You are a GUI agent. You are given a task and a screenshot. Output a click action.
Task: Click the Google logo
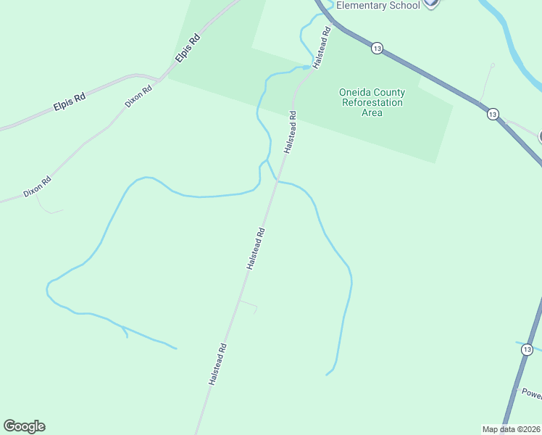pos(24,426)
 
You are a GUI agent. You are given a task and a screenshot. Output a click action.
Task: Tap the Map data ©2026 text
pos(511,428)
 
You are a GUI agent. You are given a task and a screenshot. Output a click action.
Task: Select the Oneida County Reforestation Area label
pos(372,102)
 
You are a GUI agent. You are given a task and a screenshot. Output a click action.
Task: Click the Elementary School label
pos(378,5)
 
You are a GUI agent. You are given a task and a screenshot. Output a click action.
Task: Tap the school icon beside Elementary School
pos(431,3)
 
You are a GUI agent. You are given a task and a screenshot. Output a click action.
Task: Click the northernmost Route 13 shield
pos(376,48)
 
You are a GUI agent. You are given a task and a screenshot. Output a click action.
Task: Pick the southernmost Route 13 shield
pos(527,349)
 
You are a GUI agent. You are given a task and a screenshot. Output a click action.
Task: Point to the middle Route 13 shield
pos(493,114)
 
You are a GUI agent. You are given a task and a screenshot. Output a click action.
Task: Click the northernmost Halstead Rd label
pos(322,48)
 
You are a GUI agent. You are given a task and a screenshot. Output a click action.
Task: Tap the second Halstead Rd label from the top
pos(291,130)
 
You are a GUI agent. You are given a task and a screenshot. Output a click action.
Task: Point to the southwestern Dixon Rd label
pos(37,186)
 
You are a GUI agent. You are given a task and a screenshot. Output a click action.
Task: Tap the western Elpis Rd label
pos(70,101)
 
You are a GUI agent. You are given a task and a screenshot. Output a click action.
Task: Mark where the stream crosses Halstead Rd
pos(277,180)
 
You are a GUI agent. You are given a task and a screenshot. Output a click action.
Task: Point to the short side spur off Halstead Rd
pos(249,304)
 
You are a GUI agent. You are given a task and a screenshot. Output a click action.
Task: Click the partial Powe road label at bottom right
pos(532,394)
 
